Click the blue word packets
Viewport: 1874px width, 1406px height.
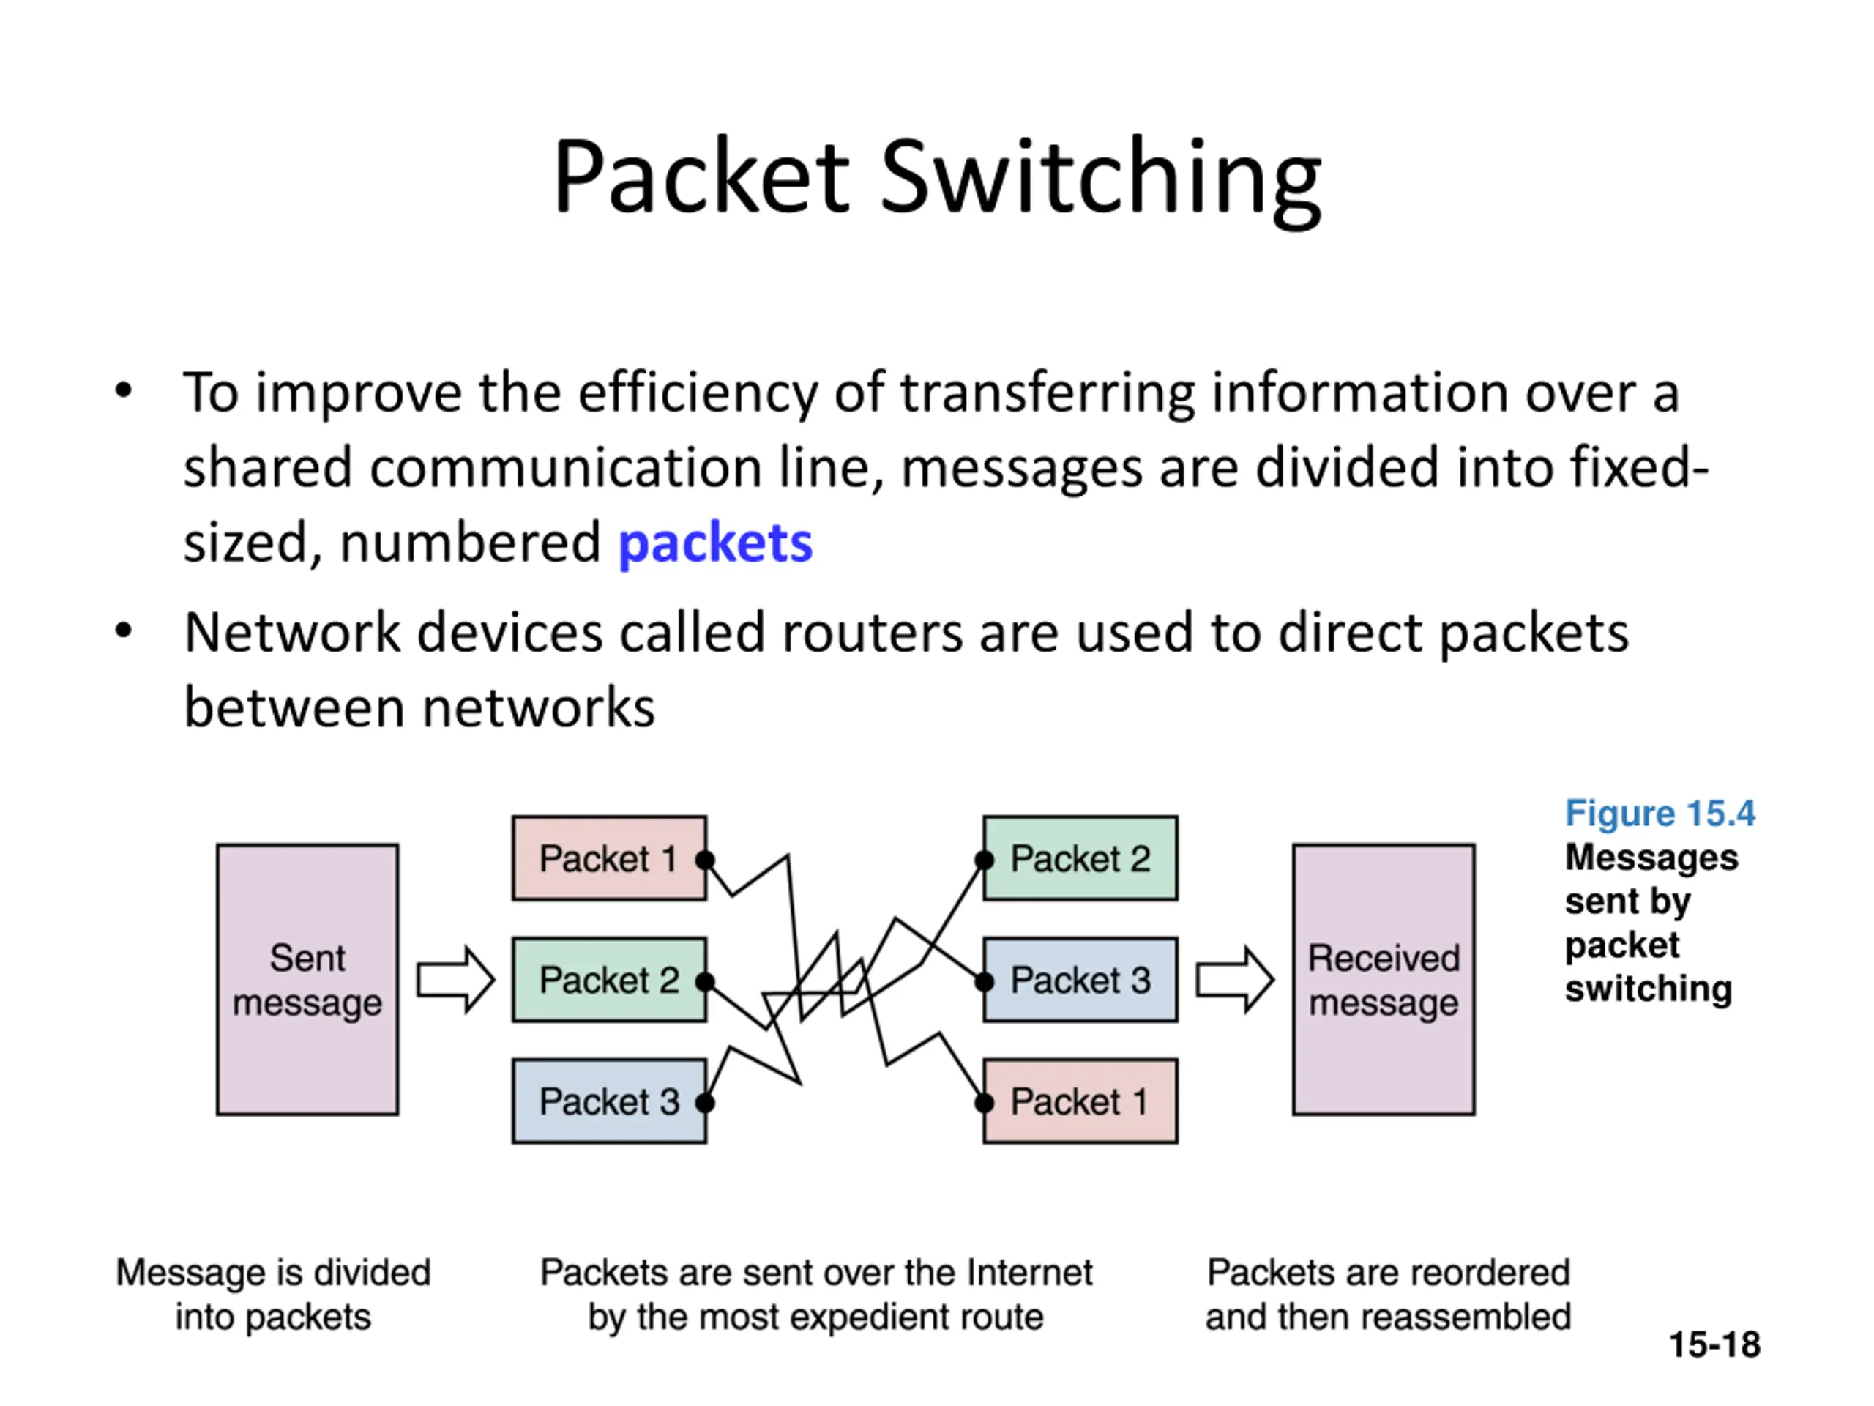715,544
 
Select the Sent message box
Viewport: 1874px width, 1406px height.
307,979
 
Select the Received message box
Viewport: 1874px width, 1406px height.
1384,979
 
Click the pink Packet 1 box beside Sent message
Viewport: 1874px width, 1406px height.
609,858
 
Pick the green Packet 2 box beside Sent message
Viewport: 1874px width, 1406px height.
609,980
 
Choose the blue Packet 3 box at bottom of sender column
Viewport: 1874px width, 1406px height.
609,1101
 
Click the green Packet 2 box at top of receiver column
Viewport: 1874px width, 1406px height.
1080,858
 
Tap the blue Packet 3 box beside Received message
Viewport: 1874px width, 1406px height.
1080,980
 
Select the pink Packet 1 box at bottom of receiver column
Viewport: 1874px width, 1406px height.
1080,1101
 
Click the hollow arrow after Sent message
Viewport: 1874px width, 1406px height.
456,980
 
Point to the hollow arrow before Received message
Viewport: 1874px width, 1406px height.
1234,980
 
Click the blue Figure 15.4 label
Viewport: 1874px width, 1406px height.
1660,813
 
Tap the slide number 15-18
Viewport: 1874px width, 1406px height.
1714,1344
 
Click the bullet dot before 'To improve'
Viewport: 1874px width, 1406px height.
124,392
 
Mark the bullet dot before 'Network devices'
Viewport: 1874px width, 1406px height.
124,631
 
